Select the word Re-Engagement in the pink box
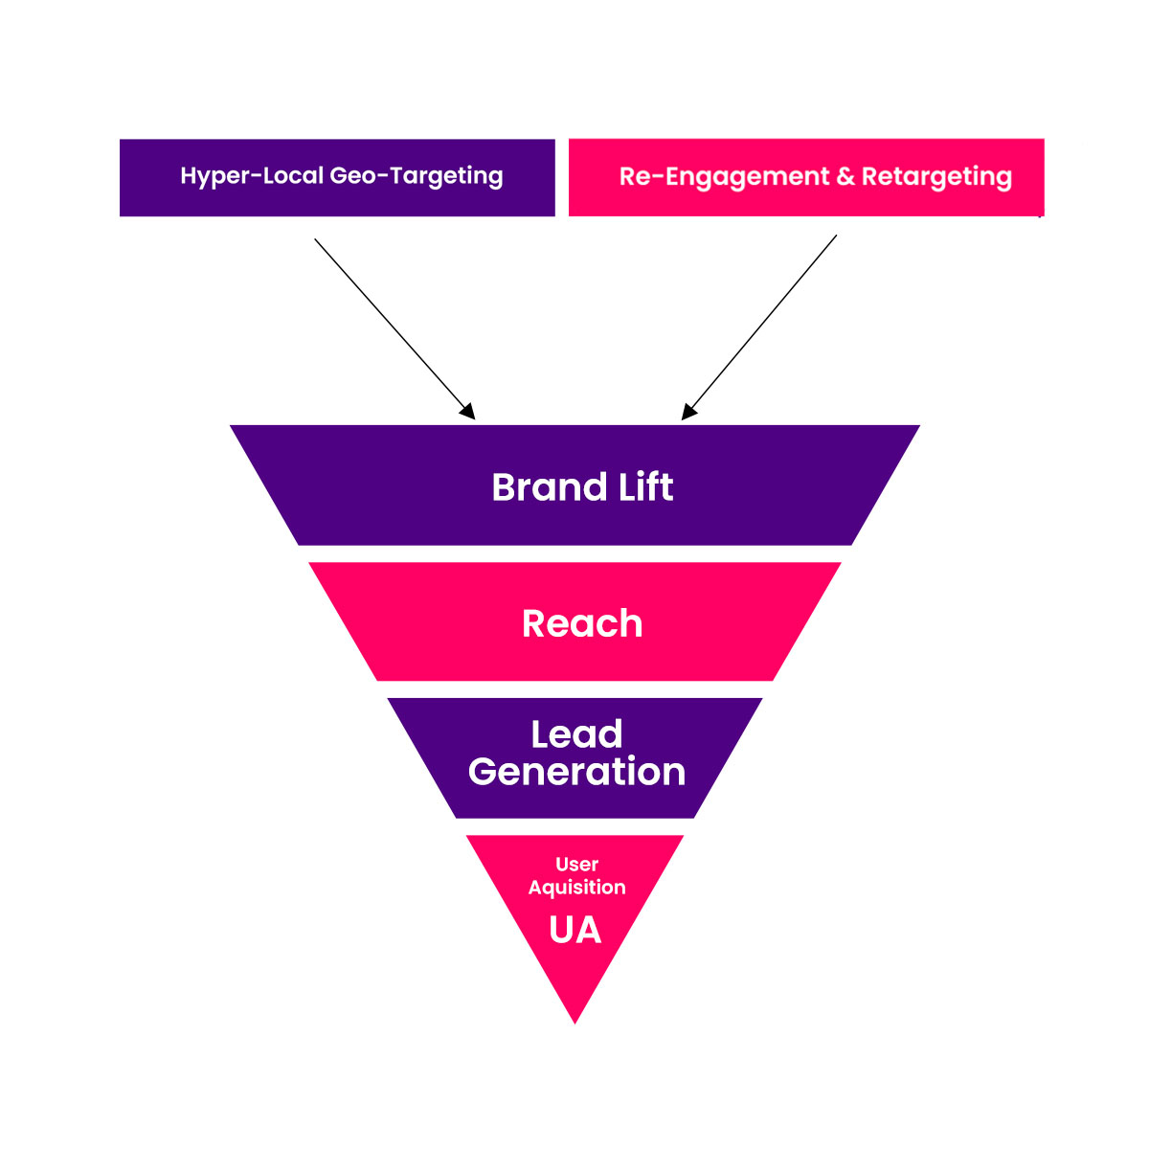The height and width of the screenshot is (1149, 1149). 724,177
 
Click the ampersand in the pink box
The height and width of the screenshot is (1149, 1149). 845,177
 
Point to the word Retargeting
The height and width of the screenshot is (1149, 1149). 936,177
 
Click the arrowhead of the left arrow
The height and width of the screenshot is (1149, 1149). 468,412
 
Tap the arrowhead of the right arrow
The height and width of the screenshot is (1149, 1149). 688,412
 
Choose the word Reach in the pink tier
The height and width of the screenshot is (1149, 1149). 582,624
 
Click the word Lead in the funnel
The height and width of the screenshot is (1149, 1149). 576,734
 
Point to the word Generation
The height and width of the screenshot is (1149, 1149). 576,773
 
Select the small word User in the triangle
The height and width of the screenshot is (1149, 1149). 576,865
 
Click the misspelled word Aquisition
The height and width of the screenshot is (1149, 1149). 576,888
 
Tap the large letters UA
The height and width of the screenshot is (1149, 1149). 575,931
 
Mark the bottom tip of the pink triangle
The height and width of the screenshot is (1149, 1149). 574,1021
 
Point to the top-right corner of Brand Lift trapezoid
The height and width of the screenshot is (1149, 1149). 917,427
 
